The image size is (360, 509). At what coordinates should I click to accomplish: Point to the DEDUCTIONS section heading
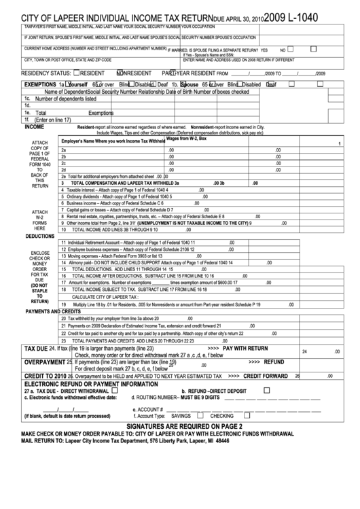click(39, 235)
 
